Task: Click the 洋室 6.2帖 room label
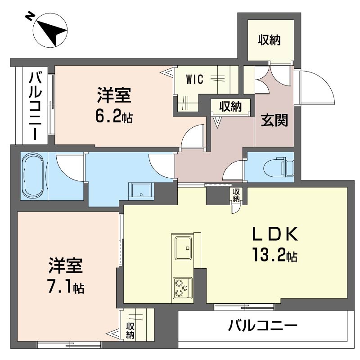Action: point(114,106)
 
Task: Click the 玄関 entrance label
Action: point(274,121)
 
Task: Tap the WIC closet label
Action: point(195,80)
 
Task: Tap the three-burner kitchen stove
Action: point(182,288)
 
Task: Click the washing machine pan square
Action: point(141,191)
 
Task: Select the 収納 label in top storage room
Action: point(269,40)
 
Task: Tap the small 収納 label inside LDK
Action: point(236,194)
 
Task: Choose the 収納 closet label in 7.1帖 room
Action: point(130,331)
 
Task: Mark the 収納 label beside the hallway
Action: point(230,106)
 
